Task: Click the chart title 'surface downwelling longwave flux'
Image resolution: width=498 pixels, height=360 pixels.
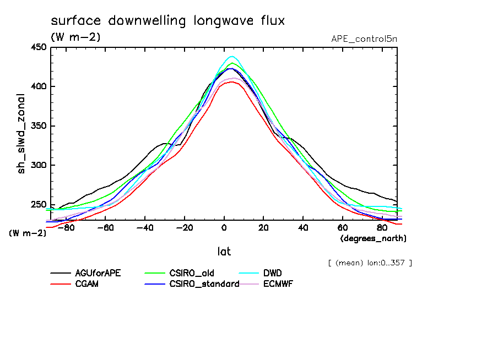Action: [x=167, y=21]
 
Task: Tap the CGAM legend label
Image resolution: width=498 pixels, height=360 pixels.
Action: [x=87, y=284]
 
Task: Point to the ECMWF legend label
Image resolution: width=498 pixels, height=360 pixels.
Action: [x=279, y=284]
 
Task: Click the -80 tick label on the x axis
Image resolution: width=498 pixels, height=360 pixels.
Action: [x=66, y=227]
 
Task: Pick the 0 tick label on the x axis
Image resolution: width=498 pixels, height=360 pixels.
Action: [x=224, y=227]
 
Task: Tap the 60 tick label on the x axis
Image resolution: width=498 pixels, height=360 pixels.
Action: [x=343, y=227]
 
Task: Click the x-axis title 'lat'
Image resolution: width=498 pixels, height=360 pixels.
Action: [x=224, y=252]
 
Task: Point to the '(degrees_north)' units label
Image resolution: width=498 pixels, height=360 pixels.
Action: [x=373, y=238]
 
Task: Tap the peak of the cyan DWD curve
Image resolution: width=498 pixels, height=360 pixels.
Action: [x=232, y=56]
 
